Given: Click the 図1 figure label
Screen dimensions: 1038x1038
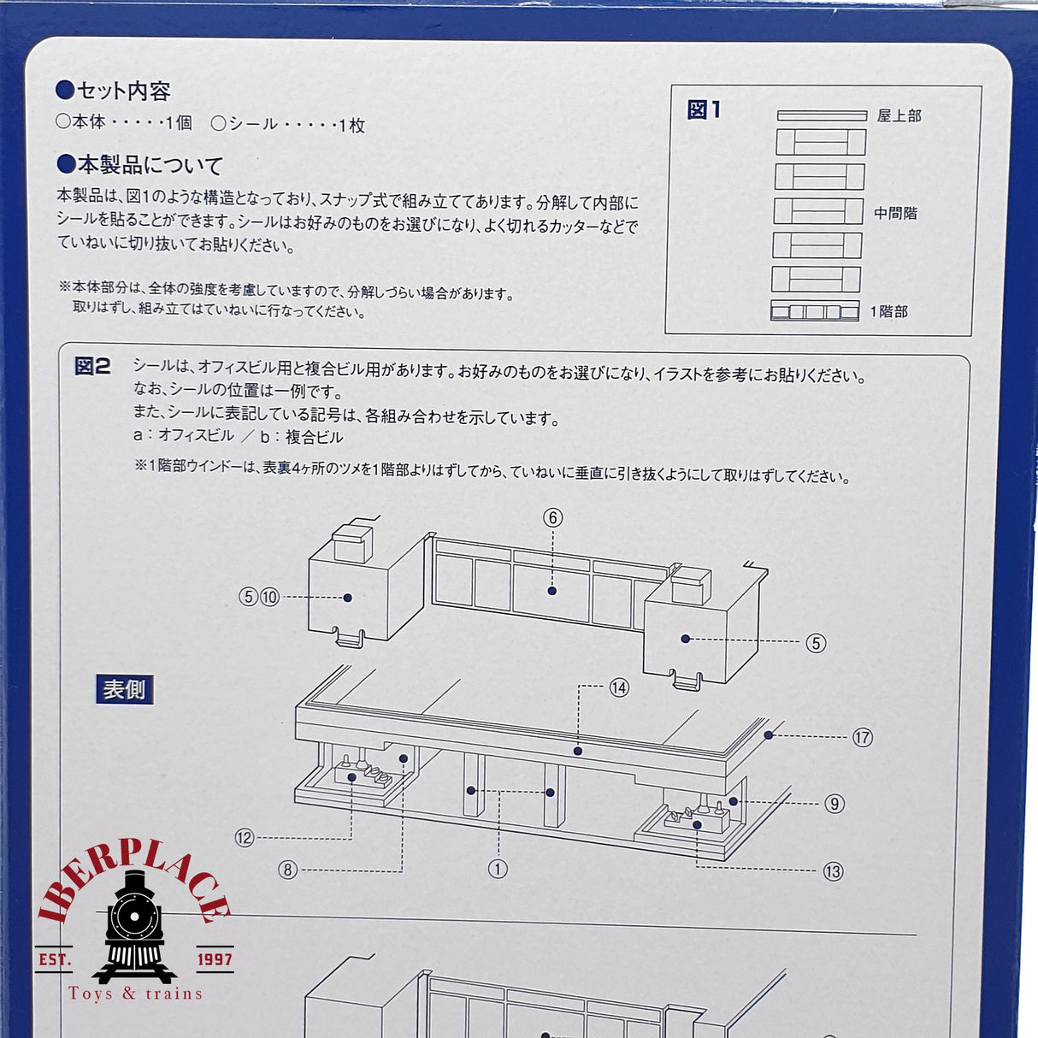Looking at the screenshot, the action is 704,110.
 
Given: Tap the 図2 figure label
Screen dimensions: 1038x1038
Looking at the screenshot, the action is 92,366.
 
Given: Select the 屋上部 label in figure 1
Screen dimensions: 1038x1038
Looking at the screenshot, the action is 899,115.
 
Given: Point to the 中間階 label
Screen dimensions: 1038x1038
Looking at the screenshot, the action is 895,213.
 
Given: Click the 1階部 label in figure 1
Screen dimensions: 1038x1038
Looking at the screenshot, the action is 888,311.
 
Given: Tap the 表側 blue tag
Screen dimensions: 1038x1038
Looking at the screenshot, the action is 125,689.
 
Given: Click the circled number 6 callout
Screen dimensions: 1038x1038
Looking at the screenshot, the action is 552,518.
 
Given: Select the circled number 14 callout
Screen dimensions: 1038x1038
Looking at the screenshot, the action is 619,688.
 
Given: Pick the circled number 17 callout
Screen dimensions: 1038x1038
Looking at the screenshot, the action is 863,737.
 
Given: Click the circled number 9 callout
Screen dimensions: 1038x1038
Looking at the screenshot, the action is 835,805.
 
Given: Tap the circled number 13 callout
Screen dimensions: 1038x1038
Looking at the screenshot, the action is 833,871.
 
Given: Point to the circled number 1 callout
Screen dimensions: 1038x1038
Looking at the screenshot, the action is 498,869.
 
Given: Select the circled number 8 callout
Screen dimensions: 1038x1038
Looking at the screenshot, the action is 287,870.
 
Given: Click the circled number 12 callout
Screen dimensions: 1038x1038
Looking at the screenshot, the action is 245,838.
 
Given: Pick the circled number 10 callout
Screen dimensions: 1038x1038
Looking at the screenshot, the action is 270,597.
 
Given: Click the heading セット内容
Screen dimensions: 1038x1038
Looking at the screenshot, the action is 114,91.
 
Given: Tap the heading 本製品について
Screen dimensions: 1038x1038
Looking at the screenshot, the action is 139,165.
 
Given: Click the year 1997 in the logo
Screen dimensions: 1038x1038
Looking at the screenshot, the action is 215,959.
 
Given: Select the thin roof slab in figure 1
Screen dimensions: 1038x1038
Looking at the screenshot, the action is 822,115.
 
